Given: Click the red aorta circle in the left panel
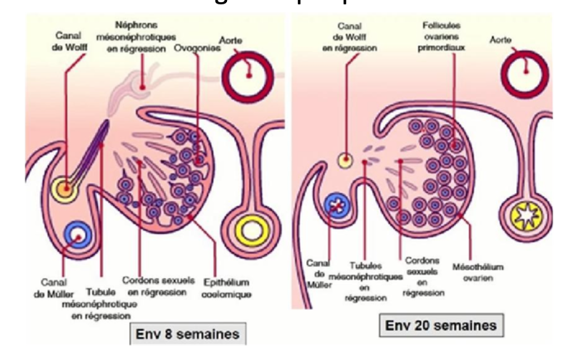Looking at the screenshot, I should click(250, 78).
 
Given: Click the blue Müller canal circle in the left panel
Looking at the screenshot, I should click(76, 237).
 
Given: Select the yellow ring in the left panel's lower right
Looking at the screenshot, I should click(252, 231).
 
